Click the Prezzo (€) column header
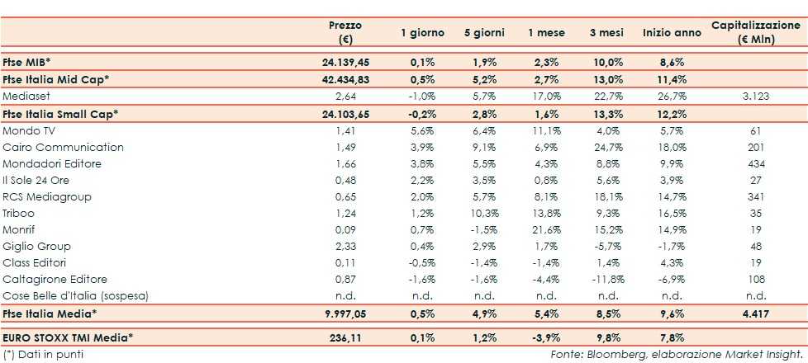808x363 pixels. click(x=345, y=32)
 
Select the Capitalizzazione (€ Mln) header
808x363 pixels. click(x=755, y=32)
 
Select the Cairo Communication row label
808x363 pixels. click(x=64, y=147)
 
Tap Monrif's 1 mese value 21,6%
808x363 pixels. click(x=544, y=229)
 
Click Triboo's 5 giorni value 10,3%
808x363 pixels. click(x=480, y=213)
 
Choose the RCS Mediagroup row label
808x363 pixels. click(x=48, y=196)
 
